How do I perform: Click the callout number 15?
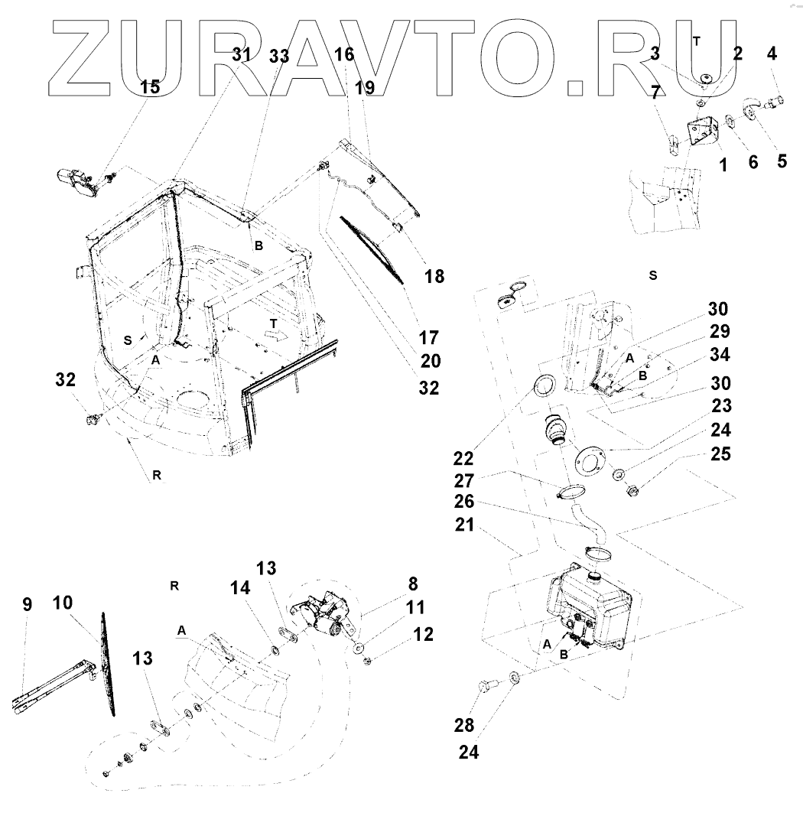(150, 86)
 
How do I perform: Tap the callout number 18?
(434, 276)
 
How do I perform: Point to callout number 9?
(27, 605)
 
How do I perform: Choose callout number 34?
(720, 355)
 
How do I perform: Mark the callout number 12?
(423, 634)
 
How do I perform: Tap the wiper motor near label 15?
(75, 183)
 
